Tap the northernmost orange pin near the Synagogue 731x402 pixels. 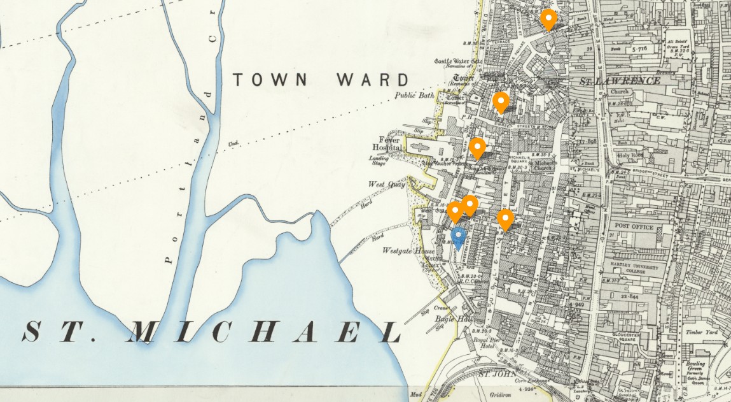click(x=548, y=19)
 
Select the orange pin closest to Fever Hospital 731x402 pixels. click(x=477, y=148)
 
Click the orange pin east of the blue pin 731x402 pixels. click(x=505, y=219)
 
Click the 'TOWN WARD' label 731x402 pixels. click(x=321, y=80)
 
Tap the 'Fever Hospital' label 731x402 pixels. click(x=388, y=144)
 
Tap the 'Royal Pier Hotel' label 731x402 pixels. click(x=484, y=343)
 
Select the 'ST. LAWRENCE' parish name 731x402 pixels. click(x=619, y=81)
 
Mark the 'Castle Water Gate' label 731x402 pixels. click(x=453, y=61)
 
